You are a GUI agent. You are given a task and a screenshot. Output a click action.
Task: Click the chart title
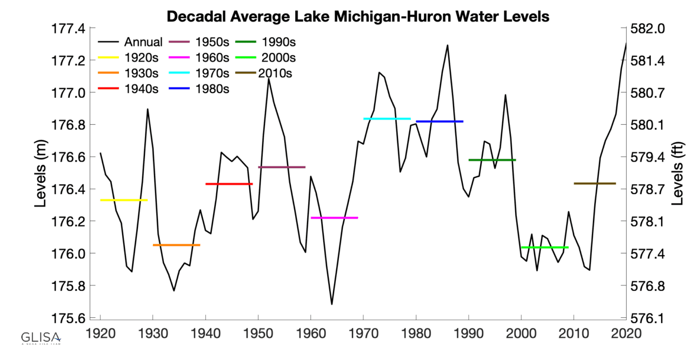pyautogui.click(x=357, y=16)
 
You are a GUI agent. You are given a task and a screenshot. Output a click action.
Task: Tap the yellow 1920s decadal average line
pyautogui.click(x=124, y=200)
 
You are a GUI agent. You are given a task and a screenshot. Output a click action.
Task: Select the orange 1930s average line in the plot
pyautogui.click(x=176, y=245)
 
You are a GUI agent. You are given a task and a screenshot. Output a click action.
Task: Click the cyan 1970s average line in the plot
pyautogui.click(x=387, y=118)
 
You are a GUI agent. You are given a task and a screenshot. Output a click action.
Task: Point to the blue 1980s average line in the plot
pyautogui.click(x=440, y=121)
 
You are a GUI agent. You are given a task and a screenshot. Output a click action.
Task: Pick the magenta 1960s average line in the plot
pyautogui.click(x=334, y=218)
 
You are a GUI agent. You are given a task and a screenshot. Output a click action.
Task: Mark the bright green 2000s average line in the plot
pyautogui.click(x=544, y=247)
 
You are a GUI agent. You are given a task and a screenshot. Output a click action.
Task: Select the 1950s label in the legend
pyautogui.click(x=212, y=42)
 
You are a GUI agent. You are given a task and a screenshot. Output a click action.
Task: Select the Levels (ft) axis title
pyautogui.click(x=678, y=173)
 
